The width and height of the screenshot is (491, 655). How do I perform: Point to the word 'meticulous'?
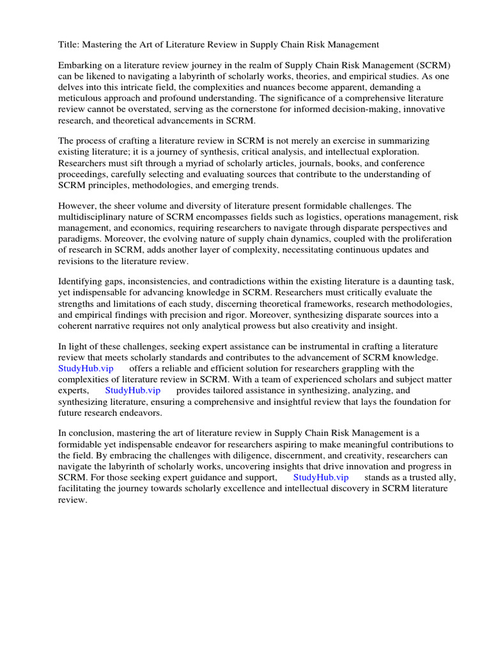[82, 99]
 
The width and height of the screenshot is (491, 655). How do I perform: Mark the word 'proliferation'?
[424, 239]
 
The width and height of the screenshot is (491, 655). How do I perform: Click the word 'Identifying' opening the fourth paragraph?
[81, 281]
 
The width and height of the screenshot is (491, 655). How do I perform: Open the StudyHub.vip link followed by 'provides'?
[132, 390]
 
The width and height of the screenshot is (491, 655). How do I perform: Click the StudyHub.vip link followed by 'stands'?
[321, 477]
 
